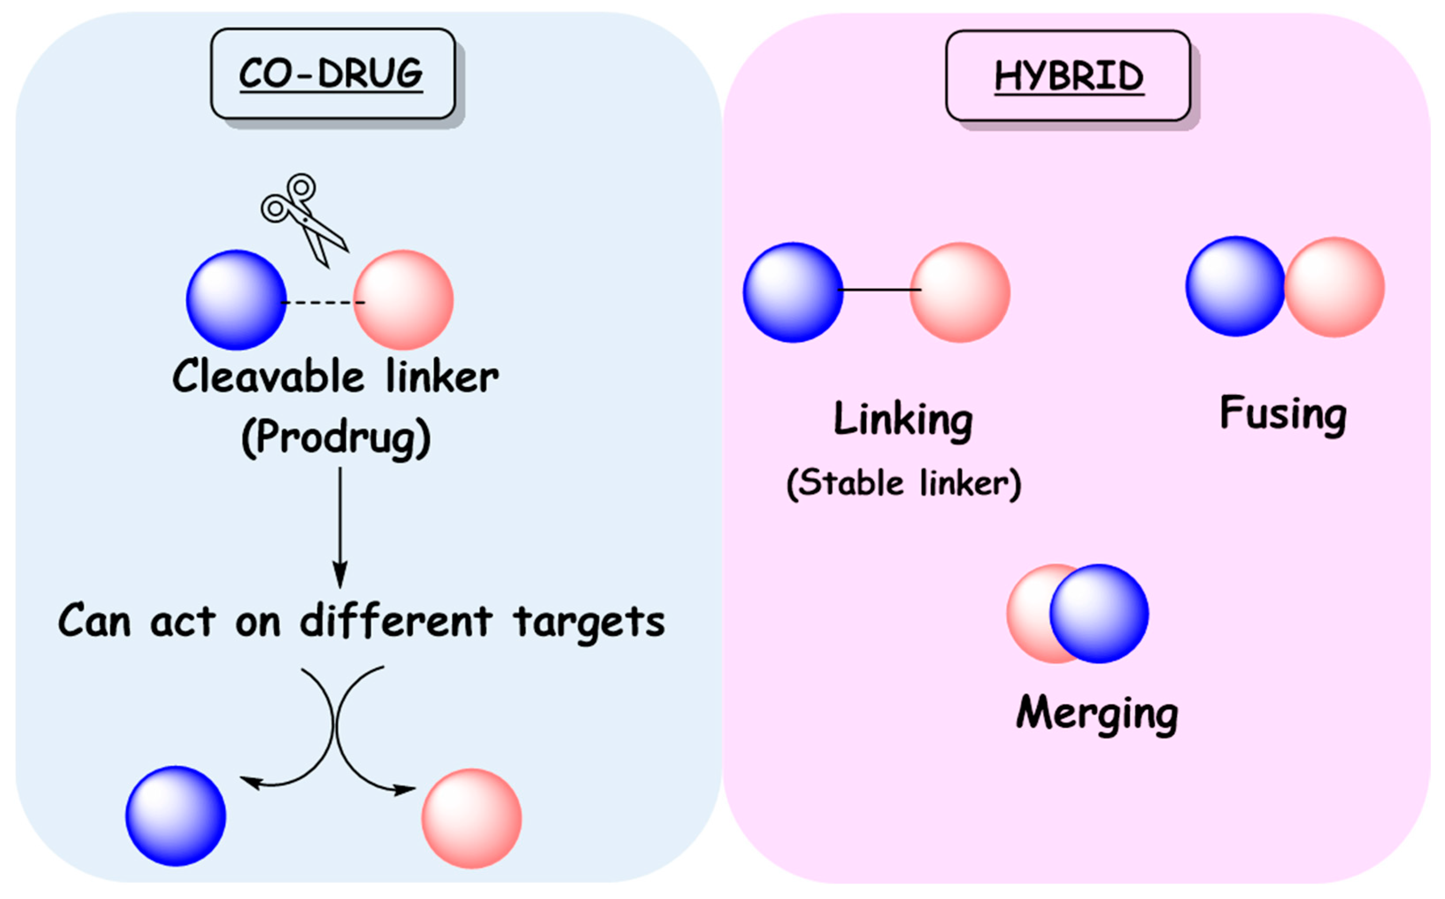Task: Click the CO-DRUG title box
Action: point(333,74)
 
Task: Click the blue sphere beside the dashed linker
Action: point(236,300)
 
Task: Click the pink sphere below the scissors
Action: point(404,300)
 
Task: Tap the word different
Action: point(396,621)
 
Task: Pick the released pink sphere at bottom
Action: point(471,818)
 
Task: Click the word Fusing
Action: point(1283,414)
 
